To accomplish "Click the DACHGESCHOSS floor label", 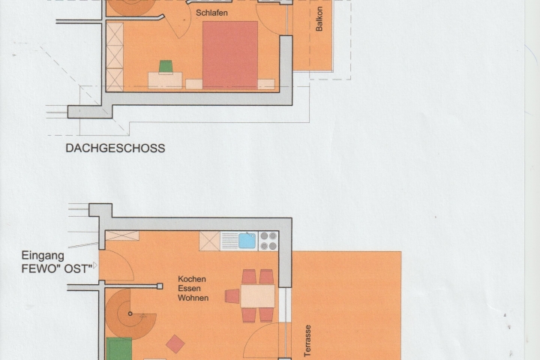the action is tap(115, 148).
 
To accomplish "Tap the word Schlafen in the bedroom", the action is tap(211, 13).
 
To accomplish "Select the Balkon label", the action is tap(319, 19).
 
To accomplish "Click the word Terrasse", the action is tap(307, 340).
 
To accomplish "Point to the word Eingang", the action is tap(43, 256).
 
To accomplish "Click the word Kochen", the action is tap(192, 279).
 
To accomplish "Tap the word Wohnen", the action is tap(193, 298).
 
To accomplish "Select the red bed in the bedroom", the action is tap(230, 55).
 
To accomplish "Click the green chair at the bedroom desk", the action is tap(166, 67).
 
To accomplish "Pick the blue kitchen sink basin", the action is tap(247, 241).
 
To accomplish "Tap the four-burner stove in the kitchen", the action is tap(268, 241).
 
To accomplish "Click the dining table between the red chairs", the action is tap(257, 296).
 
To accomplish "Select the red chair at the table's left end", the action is tap(232, 296).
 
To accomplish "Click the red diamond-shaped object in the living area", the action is tap(175, 343).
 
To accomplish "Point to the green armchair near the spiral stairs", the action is tap(119, 349).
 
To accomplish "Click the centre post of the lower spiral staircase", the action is tap(130, 313).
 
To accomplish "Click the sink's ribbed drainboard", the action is tap(229, 241).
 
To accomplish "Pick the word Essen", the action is tap(190, 288).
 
